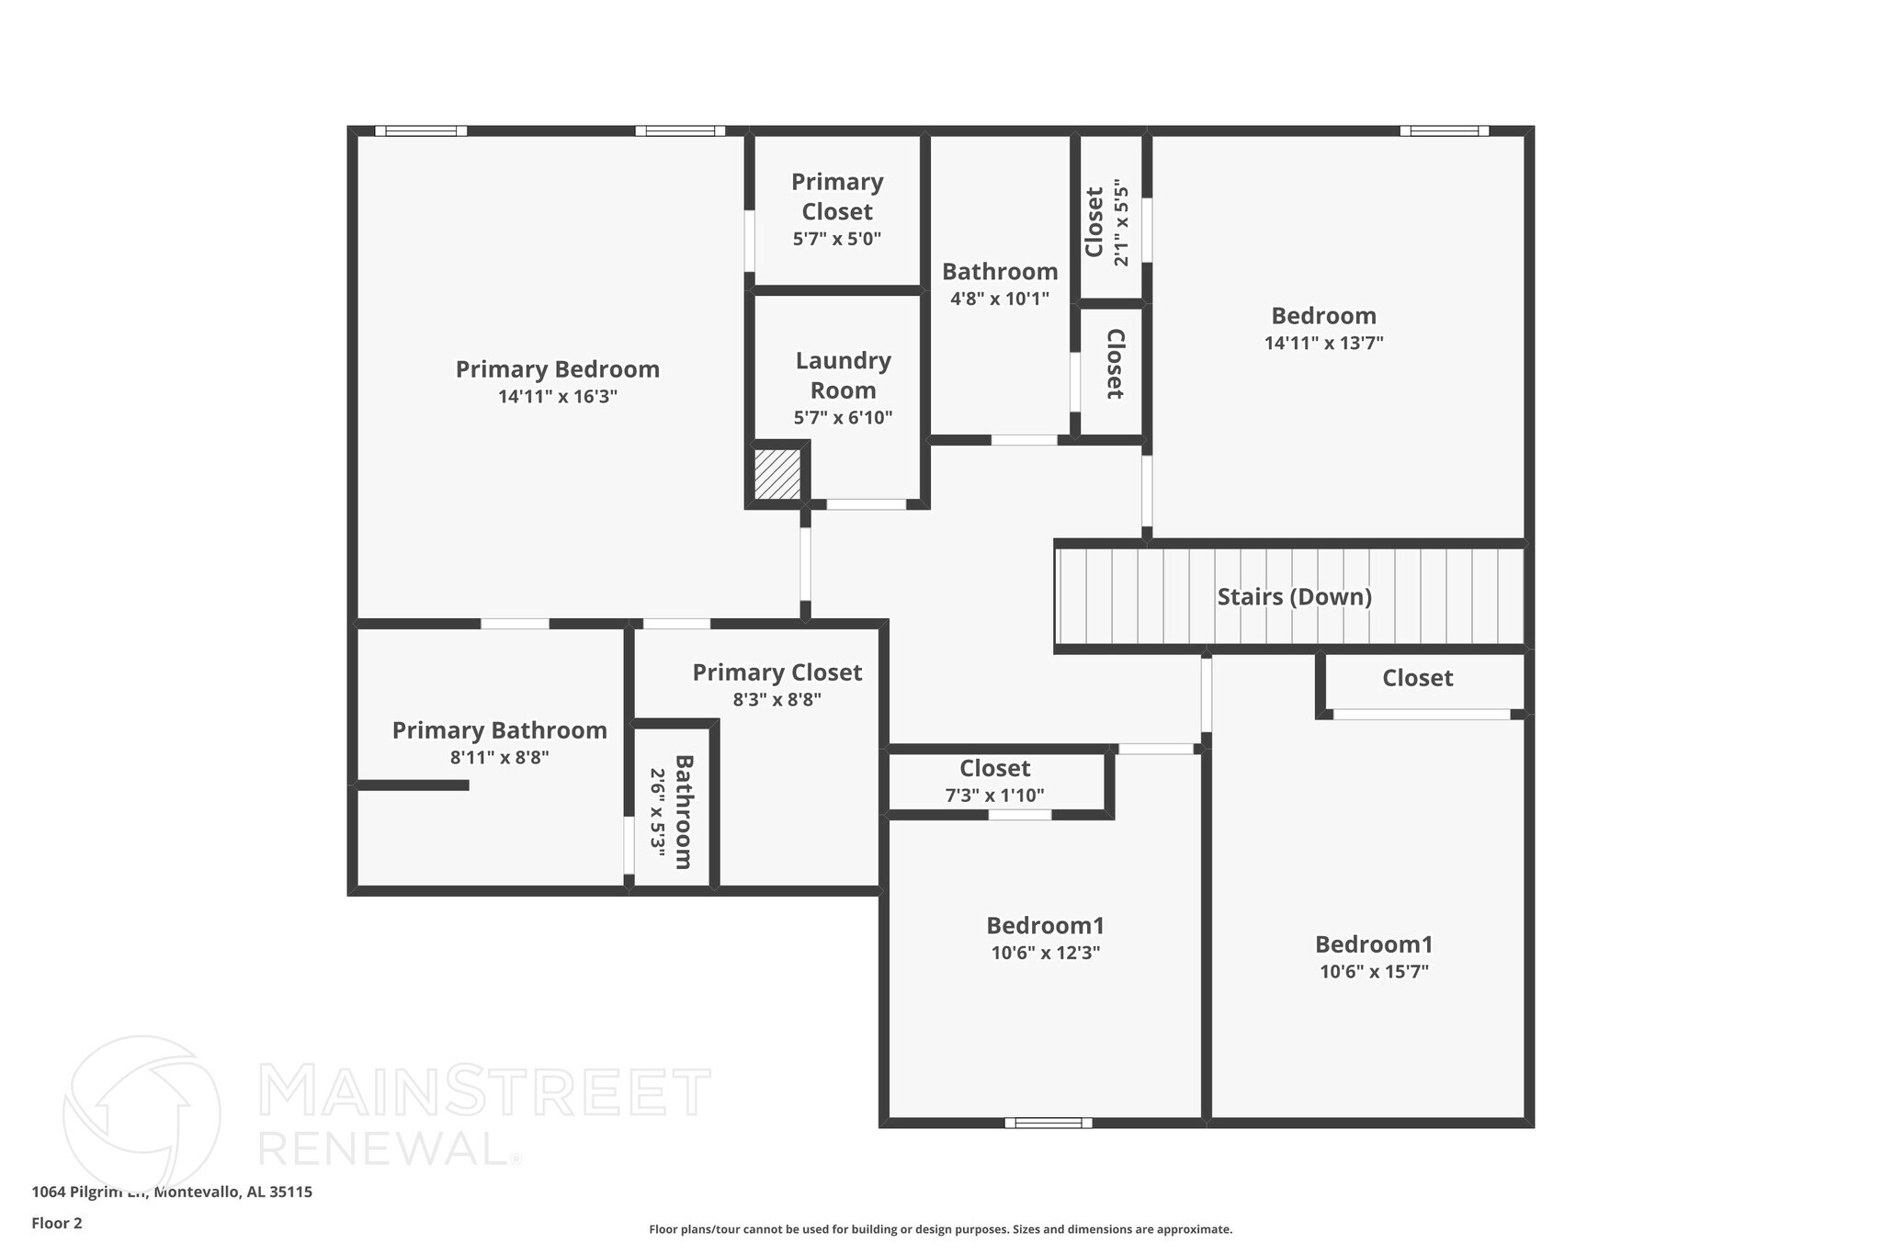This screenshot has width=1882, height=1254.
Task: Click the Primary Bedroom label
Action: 557,369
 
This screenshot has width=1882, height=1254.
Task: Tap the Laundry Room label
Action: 843,375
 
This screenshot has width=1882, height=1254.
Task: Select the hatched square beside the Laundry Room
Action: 777,474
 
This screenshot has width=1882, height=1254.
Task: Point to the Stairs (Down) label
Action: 1294,597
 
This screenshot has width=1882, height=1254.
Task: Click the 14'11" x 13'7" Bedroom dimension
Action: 1323,344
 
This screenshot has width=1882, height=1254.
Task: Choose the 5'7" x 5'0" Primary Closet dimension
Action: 836,240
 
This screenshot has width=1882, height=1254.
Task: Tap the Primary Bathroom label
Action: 499,730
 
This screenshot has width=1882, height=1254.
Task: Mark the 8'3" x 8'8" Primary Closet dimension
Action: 777,700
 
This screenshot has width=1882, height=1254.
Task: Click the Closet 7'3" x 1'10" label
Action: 994,768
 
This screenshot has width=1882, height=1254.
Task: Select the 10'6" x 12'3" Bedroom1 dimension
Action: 1045,954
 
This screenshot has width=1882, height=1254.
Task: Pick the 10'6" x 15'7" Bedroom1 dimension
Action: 1374,972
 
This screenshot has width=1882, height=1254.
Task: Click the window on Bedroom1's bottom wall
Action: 1048,1123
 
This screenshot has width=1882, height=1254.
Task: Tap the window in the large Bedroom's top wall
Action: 1444,130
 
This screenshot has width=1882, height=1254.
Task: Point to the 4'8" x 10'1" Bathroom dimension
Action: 999,299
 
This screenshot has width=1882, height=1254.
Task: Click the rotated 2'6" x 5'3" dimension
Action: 658,813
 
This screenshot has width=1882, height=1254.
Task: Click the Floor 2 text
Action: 57,1224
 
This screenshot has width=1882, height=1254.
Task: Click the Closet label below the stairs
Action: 1417,678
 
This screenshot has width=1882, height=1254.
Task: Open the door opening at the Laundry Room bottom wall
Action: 866,504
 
